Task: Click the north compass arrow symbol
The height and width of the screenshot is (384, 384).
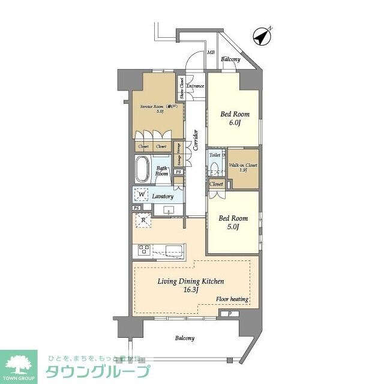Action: pyautogui.click(x=262, y=36)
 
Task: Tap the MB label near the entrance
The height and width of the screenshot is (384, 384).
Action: pyautogui.click(x=211, y=52)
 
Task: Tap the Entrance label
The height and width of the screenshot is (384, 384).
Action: pyautogui.click(x=196, y=86)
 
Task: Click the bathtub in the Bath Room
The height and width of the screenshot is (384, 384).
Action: pyautogui.click(x=142, y=170)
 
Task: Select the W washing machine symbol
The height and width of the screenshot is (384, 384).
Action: pyautogui.click(x=141, y=194)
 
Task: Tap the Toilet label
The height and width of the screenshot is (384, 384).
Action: pyautogui.click(x=215, y=154)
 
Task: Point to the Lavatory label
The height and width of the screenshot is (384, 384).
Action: pyautogui.click(x=163, y=196)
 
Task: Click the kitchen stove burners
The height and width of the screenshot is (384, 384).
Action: pyautogui.click(x=144, y=250)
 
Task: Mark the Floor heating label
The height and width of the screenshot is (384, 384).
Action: pyautogui.click(x=232, y=299)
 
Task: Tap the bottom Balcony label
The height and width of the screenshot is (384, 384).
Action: pyautogui.click(x=185, y=338)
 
